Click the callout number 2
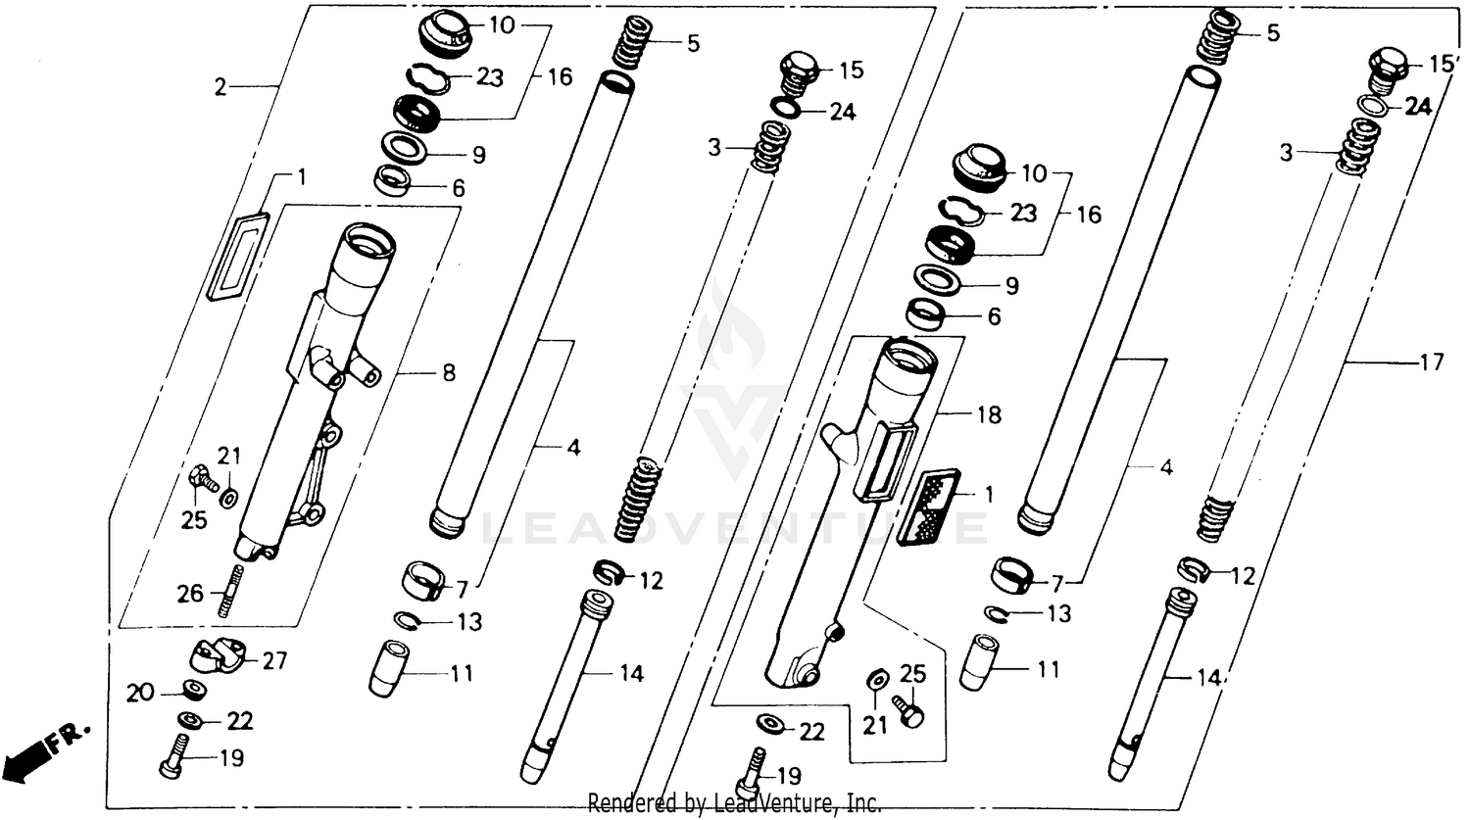coord(221,88)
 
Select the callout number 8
coord(448,372)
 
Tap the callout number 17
coord(1431,362)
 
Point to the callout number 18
coord(989,414)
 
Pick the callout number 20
coord(141,693)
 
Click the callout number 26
coord(190,593)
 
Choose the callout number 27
coord(274,661)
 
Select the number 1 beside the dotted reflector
coord(989,496)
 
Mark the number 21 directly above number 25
coord(228,456)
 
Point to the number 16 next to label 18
coord(1088,214)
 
